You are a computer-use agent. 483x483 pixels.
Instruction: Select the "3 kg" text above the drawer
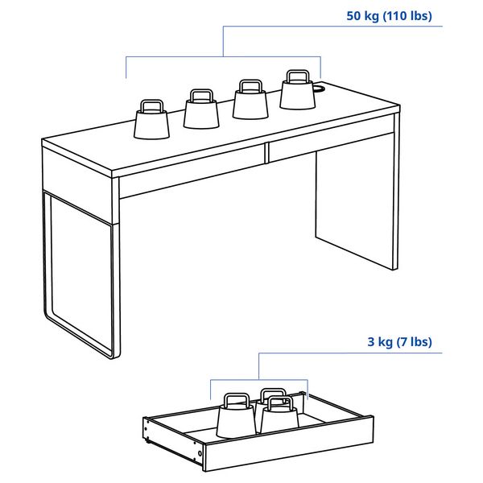381,341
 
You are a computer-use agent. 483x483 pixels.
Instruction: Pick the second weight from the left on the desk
201,112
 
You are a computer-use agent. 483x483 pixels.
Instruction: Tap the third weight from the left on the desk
250,102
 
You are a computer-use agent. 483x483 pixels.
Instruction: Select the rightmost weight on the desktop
298,94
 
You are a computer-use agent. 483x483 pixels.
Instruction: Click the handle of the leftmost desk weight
151,105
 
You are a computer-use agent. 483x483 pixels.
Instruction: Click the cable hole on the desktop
318,89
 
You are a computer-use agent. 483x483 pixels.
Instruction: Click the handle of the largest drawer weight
236,399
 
